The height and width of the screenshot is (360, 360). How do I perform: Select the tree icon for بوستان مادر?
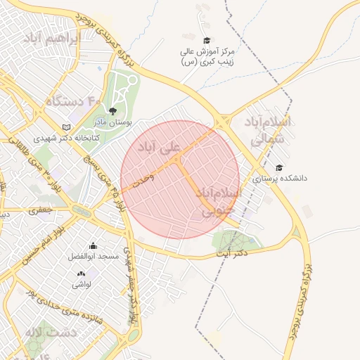click(x=112, y=110)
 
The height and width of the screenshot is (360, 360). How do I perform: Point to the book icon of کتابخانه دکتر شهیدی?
click(x=67, y=127)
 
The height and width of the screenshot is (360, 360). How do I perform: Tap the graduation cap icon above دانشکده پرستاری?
click(x=279, y=167)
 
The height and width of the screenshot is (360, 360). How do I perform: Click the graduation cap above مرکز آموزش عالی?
click(x=206, y=40)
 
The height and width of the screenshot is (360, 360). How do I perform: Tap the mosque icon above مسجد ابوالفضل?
click(x=93, y=245)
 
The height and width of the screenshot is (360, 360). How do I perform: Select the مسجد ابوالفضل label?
click(x=93, y=257)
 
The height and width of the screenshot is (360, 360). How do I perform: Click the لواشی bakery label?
click(x=81, y=285)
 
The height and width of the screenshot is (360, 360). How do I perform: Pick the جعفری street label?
click(x=40, y=209)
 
